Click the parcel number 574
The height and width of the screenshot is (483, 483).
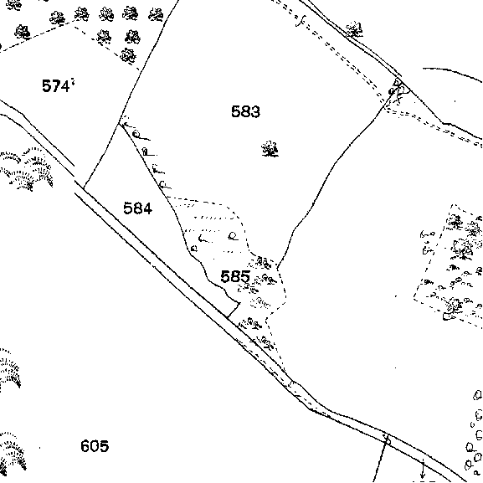click(56, 86)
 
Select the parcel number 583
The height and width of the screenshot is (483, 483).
click(245, 111)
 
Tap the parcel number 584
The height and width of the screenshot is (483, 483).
click(137, 208)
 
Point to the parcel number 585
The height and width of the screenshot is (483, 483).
click(235, 276)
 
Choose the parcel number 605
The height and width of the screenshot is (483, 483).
click(95, 445)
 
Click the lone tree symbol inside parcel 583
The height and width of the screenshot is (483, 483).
click(270, 149)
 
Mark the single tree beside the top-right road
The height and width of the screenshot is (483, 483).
click(354, 29)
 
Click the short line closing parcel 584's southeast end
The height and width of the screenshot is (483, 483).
click(234, 310)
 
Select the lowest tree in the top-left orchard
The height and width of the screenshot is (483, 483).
click(128, 55)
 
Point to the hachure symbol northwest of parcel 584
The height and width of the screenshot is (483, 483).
click(26, 168)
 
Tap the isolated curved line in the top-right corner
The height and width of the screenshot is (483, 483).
click(453, 74)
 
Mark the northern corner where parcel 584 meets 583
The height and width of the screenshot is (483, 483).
click(120, 124)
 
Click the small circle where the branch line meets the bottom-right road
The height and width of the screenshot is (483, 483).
click(388, 441)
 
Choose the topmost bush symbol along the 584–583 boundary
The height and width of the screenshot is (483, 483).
click(137, 134)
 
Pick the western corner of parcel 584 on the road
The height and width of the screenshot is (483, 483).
click(84, 188)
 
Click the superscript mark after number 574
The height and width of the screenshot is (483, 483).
click(73, 81)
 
